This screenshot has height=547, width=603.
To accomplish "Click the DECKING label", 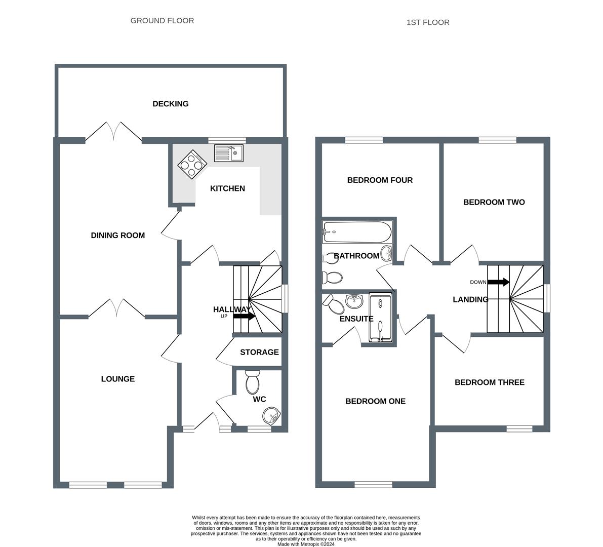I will [171, 104].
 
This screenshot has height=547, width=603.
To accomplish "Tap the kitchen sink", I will [229, 152].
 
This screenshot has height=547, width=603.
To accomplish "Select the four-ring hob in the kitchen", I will [193, 164].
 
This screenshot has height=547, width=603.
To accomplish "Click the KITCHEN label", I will [227, 188].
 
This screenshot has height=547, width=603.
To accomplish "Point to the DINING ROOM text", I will [117, 236].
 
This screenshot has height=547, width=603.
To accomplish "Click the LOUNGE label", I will [117, 379].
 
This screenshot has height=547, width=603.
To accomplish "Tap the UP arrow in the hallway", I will [244, 316].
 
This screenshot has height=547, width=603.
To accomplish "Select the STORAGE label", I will [259, 352].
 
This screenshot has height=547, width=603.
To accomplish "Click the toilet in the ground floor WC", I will [252, 382].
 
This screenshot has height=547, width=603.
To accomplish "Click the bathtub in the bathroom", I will [357, 232].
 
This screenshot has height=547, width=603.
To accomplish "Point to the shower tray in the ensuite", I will [380, 319].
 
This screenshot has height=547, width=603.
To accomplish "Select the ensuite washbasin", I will [354, 301].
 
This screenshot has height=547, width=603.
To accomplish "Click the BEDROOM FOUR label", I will [380, 180].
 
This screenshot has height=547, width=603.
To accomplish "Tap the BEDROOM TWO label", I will [494, 203].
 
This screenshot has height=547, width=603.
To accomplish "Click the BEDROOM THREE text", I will [489, 382].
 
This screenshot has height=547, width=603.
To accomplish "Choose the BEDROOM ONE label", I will [375, 401].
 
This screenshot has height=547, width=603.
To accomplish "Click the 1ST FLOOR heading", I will [428, 22].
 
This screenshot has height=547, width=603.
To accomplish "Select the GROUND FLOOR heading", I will [162, 21].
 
